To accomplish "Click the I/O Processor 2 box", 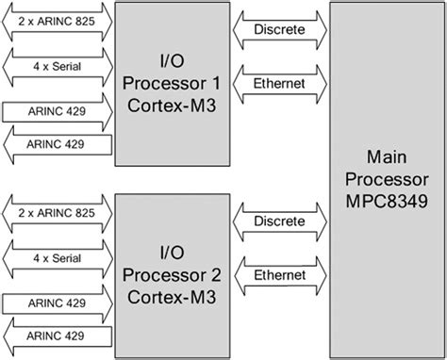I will click(x=171, y=273).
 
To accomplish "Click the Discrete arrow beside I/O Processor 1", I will click(x=279, y=30).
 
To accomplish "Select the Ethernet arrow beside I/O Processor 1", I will click(x=279, y=83).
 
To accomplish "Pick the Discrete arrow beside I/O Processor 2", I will click(x=279, y=222).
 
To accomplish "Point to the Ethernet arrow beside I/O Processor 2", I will click(x=279, y=275).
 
